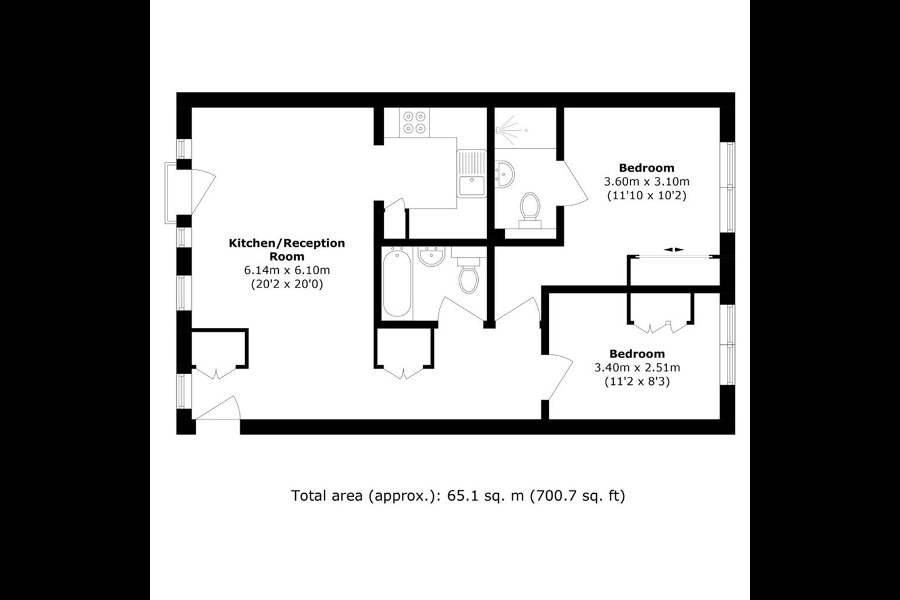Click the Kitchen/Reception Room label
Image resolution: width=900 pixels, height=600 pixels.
(x=287, y=249)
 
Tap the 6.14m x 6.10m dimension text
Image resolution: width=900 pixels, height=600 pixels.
(x=287, y=271)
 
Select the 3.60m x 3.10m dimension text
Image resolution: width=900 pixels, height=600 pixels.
(x=646, y=182)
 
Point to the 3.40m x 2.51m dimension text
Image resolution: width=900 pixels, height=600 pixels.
(x=637, y=367)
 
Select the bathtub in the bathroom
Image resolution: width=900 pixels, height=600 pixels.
(x=396, y=282)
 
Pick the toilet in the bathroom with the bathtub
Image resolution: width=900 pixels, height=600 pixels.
(x=467, y=276)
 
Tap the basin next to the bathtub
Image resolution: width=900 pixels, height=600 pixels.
(x=431, y=256)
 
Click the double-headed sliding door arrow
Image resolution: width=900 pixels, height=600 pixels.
(x=674, y=249)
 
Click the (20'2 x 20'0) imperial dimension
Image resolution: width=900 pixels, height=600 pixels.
(x=287, y=284)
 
